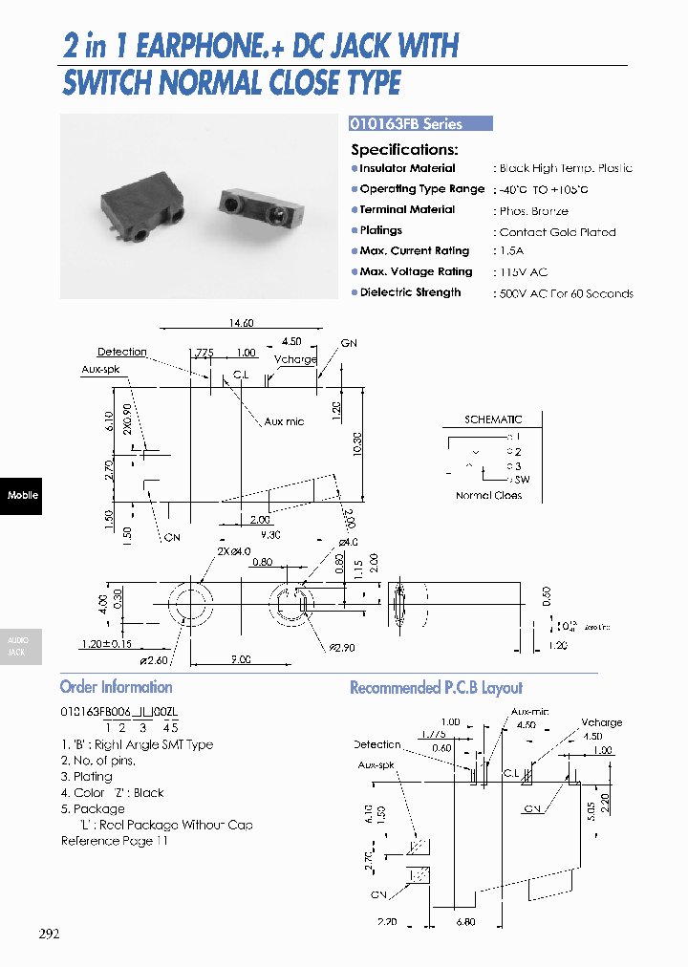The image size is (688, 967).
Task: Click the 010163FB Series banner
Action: (x=420, y=123)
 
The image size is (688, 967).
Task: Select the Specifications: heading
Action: (x=404, y=149)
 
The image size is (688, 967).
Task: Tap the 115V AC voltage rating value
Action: (x=525, y=273)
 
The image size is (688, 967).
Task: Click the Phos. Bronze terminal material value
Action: (x=533, y=211)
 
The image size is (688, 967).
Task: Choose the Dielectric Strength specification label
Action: (x=410, y=292)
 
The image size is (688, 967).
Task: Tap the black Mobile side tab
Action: (x=21, y=495)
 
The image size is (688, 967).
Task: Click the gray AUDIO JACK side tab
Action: (x=18, y=646)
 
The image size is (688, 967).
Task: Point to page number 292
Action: (x=49, y=934)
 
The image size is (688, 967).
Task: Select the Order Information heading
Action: (x=117, y=687)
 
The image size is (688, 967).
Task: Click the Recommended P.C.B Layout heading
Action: (x=436, y=688)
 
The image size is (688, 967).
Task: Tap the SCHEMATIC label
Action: (x=493, y=419)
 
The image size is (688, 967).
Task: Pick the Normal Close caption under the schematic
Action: (x=488, y=496)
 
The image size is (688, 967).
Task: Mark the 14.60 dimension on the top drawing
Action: (x=241, y=324)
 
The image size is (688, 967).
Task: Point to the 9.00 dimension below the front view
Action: (x=241, y=659)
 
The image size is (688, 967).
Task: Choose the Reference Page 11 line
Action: (x=115, y=841)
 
